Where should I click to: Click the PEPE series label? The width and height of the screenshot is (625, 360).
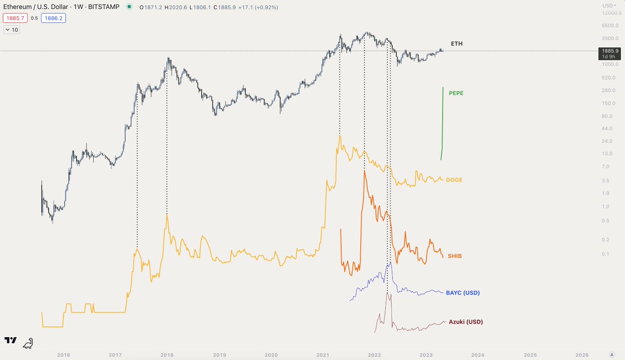point(456,93)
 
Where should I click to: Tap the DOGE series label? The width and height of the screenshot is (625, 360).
point(455,180)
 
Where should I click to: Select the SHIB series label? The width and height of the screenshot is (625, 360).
point(455,256)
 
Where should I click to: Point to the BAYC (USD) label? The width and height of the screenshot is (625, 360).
point(463,293)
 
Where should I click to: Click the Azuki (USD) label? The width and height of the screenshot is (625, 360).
point(466,322)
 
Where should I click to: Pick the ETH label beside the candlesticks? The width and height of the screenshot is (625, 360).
point(456,44)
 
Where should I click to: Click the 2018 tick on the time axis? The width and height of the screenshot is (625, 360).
point(167,355)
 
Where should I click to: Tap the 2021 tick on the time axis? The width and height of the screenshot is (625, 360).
point(322,355)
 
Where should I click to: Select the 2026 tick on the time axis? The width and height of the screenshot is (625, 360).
point(582,355)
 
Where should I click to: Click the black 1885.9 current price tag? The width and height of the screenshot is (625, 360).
point(608,51)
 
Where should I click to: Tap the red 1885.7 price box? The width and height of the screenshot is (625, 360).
point(15,18)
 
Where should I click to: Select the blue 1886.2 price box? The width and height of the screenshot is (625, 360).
point(54,18)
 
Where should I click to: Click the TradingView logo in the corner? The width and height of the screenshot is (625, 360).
point(10,341)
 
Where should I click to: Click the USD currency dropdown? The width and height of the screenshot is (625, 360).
point(608,5)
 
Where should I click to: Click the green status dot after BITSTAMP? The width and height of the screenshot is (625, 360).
point(129,8)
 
